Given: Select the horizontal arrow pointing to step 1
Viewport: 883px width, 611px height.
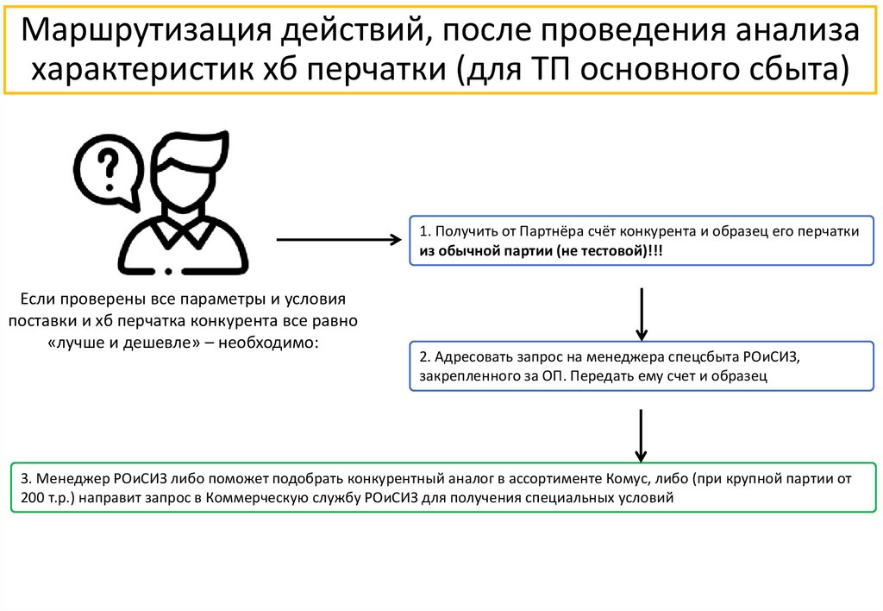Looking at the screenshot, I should click(x=341, y=241).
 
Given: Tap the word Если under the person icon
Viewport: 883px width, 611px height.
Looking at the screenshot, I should click(x=37, y=301).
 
